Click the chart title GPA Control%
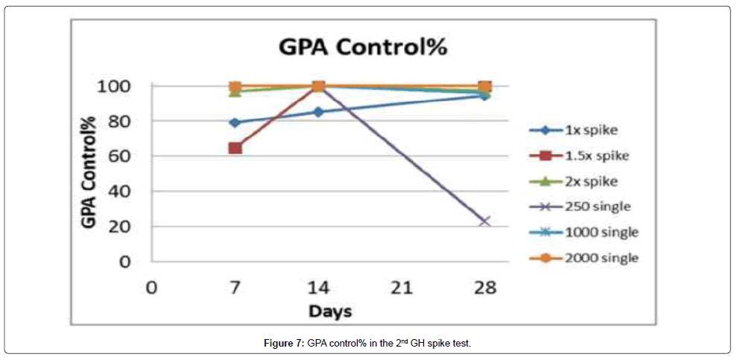pyautogui.click(x=362, y=47)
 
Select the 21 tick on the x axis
pyautogui.click(x=402, y=287)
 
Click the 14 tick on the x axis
pyautogui.click(x=318, y=287)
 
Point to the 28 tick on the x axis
pyautogui.click(x=484, y=287)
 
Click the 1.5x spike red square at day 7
pyautogui.click(x=235, y=148)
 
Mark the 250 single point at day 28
pyautogui.click(x=484, y=221)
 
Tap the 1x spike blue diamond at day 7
pyautogui.click(x=235, y=122)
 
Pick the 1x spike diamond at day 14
pyautogui.click(x=318, y=112)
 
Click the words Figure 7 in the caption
pyautogui.click(x=283, y=343)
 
